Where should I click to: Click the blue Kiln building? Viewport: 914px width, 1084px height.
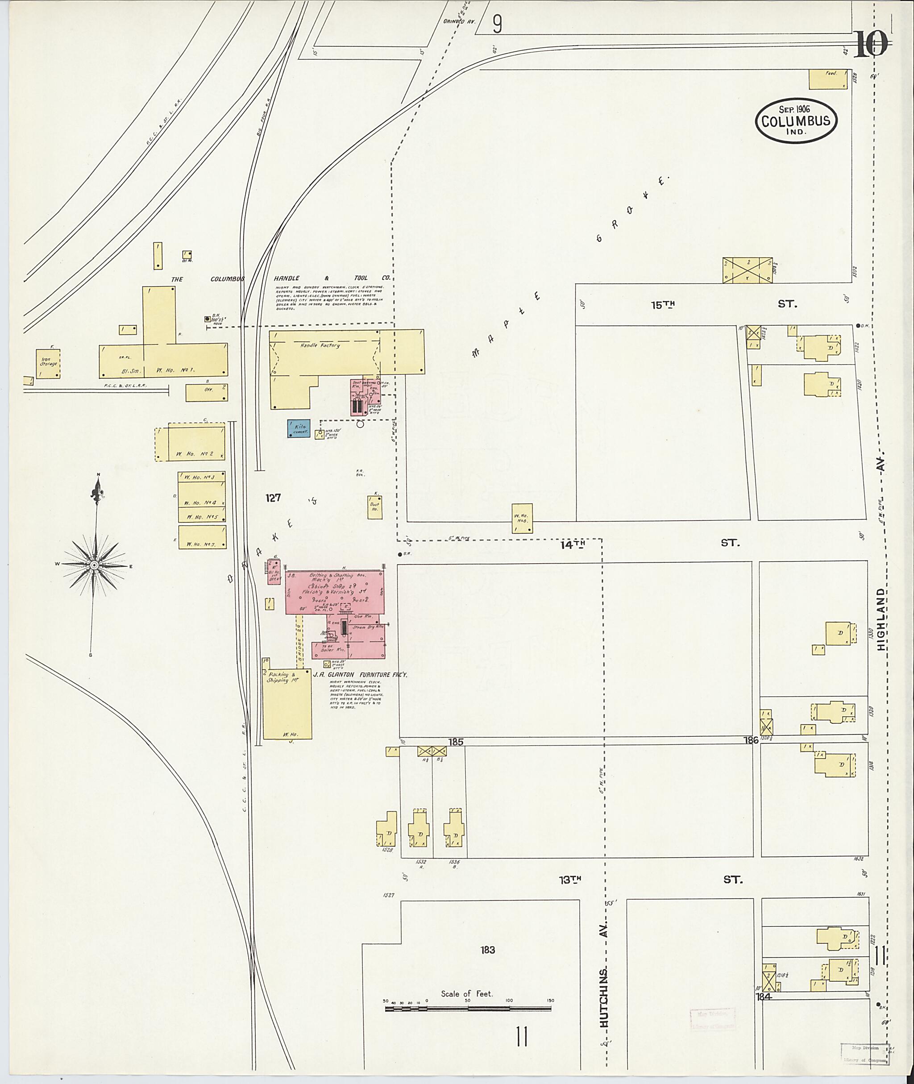pos(299,429)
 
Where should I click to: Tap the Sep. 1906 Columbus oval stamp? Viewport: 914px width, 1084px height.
pos(795,120)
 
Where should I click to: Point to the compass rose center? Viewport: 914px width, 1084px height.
pos(95,565)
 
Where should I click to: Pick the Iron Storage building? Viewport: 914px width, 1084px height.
pos(48,363)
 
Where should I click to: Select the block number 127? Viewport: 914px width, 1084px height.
pos(273,498)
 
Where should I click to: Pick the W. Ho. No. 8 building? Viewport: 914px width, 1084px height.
pos(522,518)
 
